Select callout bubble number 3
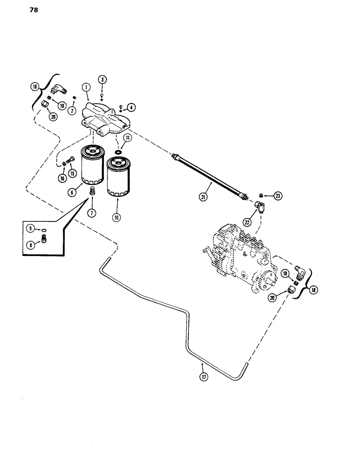[x=102, y=80]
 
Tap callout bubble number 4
[x=132, y=108]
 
